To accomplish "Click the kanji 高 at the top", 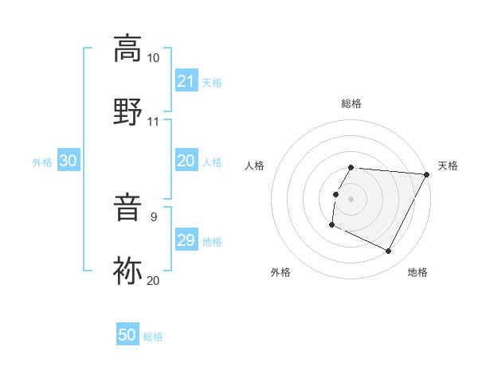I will click(127, 49).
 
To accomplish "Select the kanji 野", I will click(127, 112).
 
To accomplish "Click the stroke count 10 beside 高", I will click(153, 58).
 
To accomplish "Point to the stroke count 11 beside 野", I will click(153, 122).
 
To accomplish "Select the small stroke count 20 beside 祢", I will click(153, 280).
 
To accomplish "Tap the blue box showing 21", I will click(186, 81).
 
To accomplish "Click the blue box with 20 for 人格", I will click(186, 162).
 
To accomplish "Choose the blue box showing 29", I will click(186, 240).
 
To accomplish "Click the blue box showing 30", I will click(69, 162).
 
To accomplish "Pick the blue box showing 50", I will click(127, 335).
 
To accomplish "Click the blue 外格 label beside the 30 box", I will click(42, 162).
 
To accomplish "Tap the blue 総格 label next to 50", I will click(153, 337).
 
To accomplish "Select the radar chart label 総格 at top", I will click(351, 103).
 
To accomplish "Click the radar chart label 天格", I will click(448, 166).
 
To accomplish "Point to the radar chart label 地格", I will click(417, 272).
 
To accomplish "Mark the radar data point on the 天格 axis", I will click(428, 174).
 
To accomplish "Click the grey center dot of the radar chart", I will click(351, 198).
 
